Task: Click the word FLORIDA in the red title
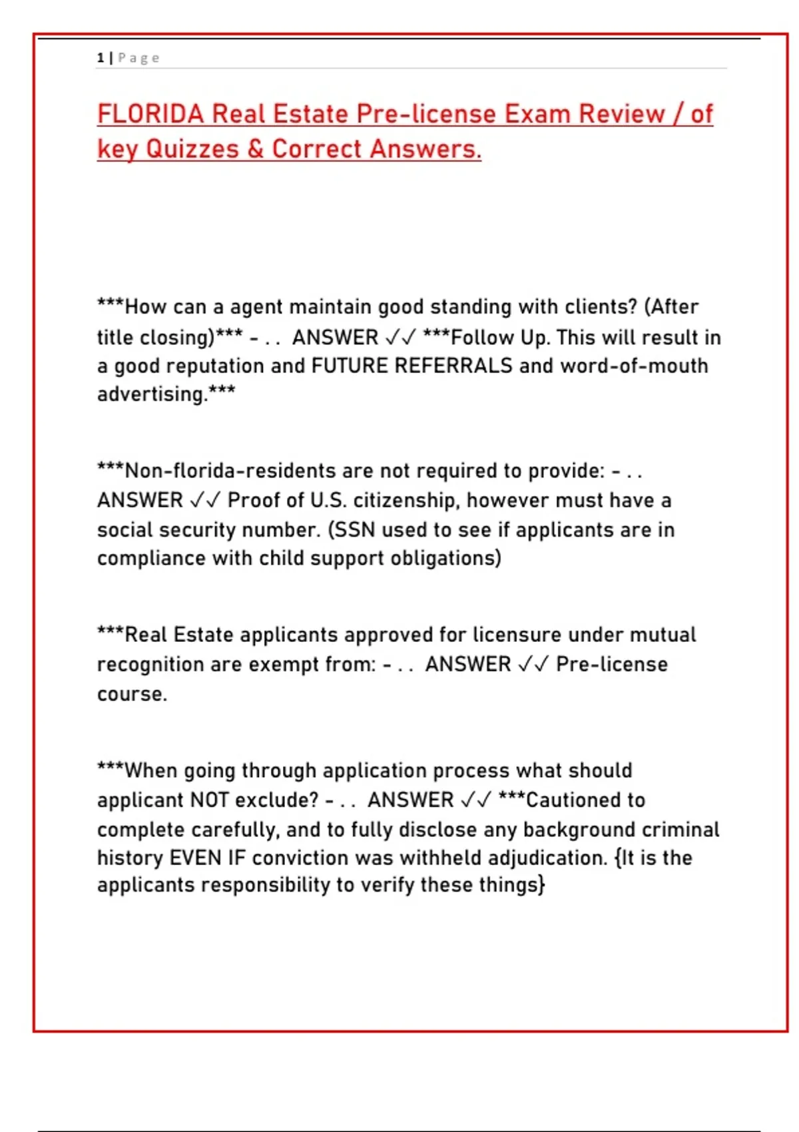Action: [x=150, y=115]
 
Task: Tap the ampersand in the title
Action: [x=255, y=149]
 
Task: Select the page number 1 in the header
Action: [x=100, y=58]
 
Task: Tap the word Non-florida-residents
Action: [x=230, y=471]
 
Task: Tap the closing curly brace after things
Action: [x=542, y=886]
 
